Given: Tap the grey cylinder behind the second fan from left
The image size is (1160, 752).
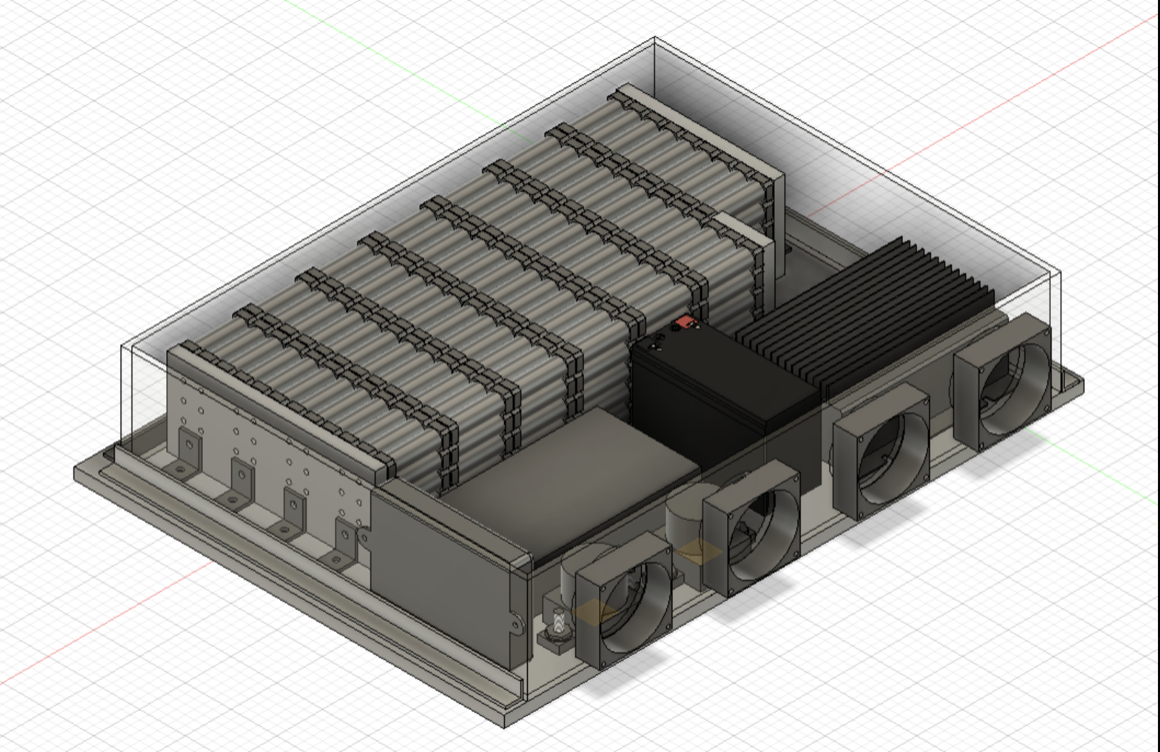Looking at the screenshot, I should (x=685, y=516).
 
